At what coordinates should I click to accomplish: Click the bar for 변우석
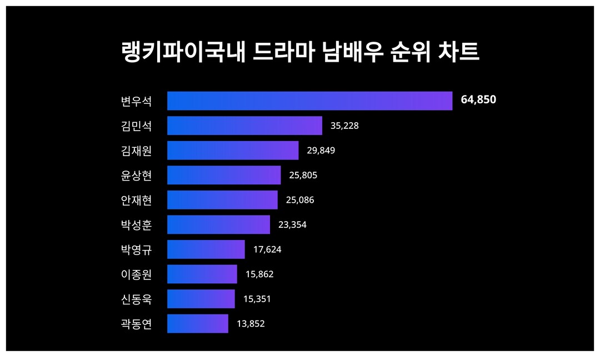[x=309, y=101]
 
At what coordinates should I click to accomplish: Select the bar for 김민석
[x=244, y=126]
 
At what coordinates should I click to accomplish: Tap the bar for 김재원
[x=233, y=150]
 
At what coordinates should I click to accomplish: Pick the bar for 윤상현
[x=224, y=175]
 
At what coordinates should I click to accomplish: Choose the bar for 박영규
[x=206, y=249]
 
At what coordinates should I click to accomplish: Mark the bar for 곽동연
[x=197, y=323]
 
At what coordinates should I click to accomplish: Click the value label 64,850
[x=478, y=100]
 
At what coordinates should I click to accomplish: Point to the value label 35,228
[x=344, y=126]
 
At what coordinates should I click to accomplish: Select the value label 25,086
[x=299, y=200]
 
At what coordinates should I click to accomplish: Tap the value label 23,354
[x=292, y=224]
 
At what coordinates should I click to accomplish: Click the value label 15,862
[x=259, y=274]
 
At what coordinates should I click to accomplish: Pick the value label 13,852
[x=251, y=323]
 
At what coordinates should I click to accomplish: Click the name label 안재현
[x=136, y=200]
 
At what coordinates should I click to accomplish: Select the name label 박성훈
[x=136, y=224]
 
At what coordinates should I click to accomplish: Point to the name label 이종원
[x=136, y=274]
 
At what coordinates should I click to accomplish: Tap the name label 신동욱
[x=136, y=299]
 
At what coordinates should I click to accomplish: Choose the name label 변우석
[x=136, y=101]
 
